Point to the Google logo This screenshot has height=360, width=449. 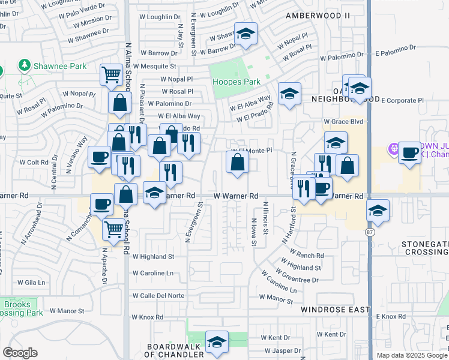pyautogui.click(x=20, y=353)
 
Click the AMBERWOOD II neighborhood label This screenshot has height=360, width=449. pyautogui.click(x=318, y=14)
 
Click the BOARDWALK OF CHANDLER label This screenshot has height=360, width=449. pyautogui.click(x=175, y=350)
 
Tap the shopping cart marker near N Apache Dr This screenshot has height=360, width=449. pyautogui.click(x=113, y=229)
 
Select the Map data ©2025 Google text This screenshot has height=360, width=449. pyautogui.click(x=411, y=355)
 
